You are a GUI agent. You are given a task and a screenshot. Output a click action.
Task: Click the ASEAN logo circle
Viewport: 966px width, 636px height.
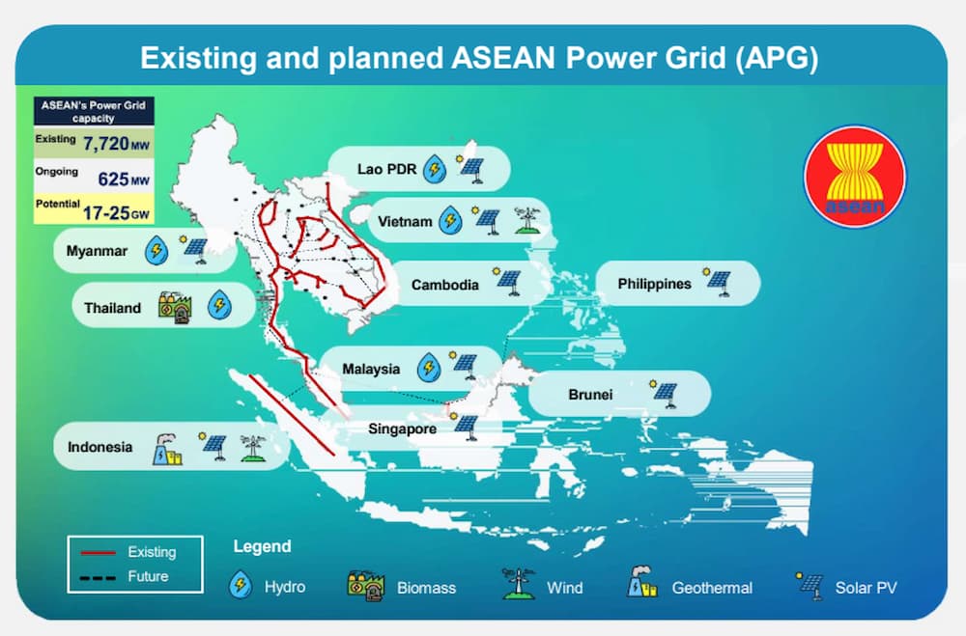click(855, 177)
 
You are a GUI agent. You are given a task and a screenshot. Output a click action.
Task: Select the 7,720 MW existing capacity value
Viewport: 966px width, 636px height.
click(116, 144)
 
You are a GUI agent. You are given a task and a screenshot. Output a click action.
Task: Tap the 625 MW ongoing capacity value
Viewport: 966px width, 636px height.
click(124, 180)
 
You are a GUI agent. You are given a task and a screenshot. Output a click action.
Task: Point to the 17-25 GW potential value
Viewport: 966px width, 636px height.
click(116, 213)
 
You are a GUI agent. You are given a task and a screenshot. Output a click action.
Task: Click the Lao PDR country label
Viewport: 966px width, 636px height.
click(387, 169)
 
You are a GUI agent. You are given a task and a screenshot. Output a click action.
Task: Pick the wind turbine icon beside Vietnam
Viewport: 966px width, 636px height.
click(527, 220)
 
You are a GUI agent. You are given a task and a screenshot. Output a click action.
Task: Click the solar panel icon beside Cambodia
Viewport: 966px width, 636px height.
click(508, 282)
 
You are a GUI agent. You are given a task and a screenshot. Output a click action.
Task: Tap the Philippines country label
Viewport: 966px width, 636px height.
click(654, 284)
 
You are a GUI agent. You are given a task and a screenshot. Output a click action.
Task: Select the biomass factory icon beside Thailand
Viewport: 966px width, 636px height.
click(175, 307)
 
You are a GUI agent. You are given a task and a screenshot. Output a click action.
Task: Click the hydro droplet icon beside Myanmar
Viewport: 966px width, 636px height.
click(156, 250)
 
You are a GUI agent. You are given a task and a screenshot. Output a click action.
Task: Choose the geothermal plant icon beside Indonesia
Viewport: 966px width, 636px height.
click(166, 449)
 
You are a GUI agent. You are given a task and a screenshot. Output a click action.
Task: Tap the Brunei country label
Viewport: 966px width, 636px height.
click(590, 394)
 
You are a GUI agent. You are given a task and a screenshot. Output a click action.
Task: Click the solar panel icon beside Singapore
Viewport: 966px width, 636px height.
click(466, 426)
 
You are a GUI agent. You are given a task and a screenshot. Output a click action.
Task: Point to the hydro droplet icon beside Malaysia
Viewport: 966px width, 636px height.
click(429, 368)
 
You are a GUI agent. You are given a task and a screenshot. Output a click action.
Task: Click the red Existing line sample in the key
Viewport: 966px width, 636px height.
click(98, 552)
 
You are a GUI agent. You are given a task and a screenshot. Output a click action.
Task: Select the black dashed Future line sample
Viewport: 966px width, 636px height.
click(98, 577)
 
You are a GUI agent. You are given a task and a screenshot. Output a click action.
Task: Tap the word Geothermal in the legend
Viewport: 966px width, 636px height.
click(712, 588)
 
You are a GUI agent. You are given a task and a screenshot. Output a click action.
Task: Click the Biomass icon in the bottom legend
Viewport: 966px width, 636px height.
click(365, 586)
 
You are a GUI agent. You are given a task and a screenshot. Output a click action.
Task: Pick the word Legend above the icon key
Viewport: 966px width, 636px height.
click(263, 546)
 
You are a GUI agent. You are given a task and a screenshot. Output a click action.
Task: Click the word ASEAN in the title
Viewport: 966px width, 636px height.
click(504, 59)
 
